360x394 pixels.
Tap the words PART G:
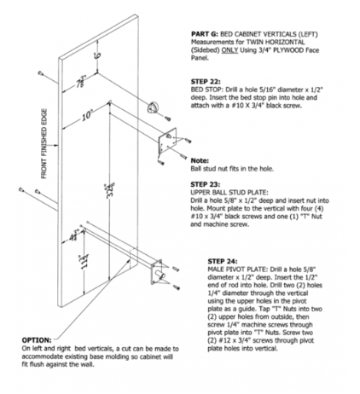(205, 34)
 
